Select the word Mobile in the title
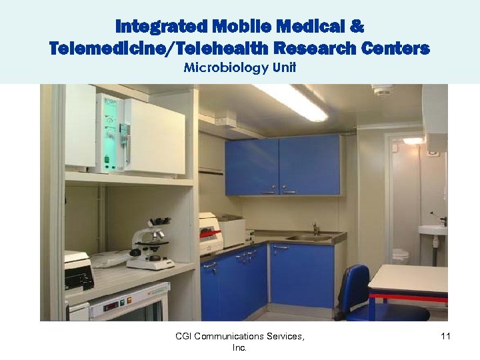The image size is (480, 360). pyautogui.click(x=231, y=27)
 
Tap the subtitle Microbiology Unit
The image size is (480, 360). pyautogui.click(x=239, y=67)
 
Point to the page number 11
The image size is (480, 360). pyautogui.click(x=445, y=337)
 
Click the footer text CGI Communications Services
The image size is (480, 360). pyautogui.click(x=239, y=337)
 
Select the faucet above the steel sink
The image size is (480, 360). pyautogui.click(x=315, y=228)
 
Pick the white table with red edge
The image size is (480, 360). pyautogui.click(x=408, y=279)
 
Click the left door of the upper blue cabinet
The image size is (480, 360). pyautogui.click(x=251, y=167)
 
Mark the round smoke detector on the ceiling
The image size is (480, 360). pyautogui.click(x=381, y=90)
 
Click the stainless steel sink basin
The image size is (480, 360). pyautogui.click(x=307, y=238)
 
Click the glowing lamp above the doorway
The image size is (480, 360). pyautogui.click(x=413, y=141)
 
